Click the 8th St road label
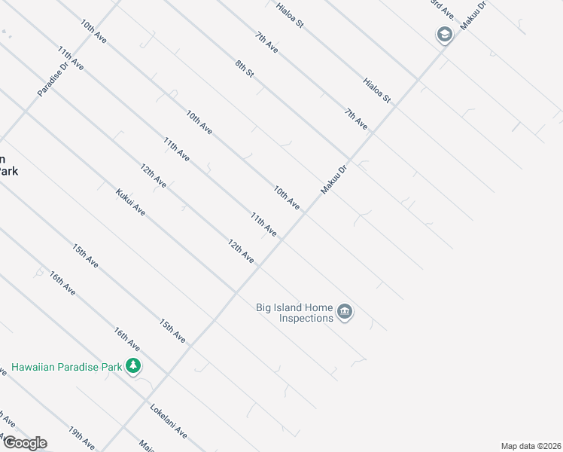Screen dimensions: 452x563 (245, 72)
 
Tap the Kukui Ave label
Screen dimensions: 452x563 (131, 202)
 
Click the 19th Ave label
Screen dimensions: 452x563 (81, 438)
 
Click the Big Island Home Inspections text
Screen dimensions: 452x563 (295, 313)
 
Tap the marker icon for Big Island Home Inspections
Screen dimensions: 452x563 (345, 312)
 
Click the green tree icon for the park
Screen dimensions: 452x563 (134, 366)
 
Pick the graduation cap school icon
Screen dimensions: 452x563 (444, 35)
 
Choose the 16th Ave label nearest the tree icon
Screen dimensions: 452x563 (126, 338)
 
